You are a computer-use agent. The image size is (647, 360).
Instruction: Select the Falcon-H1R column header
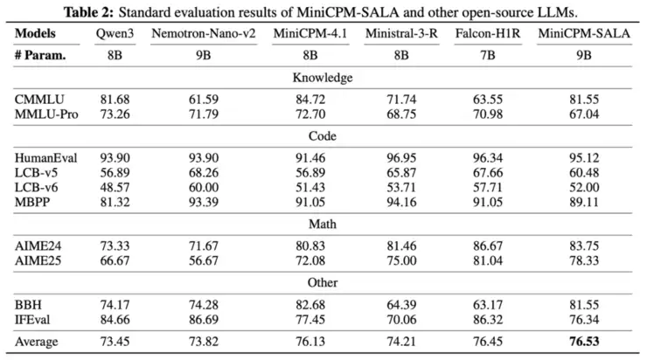click(478, 33)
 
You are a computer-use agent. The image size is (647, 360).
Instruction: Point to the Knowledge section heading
click(323, 77)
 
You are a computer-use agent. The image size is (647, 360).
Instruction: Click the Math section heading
click(323, 224)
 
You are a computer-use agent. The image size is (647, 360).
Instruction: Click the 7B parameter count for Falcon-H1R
click(478, 54)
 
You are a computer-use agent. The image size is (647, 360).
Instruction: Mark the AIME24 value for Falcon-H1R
click(478, 245)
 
